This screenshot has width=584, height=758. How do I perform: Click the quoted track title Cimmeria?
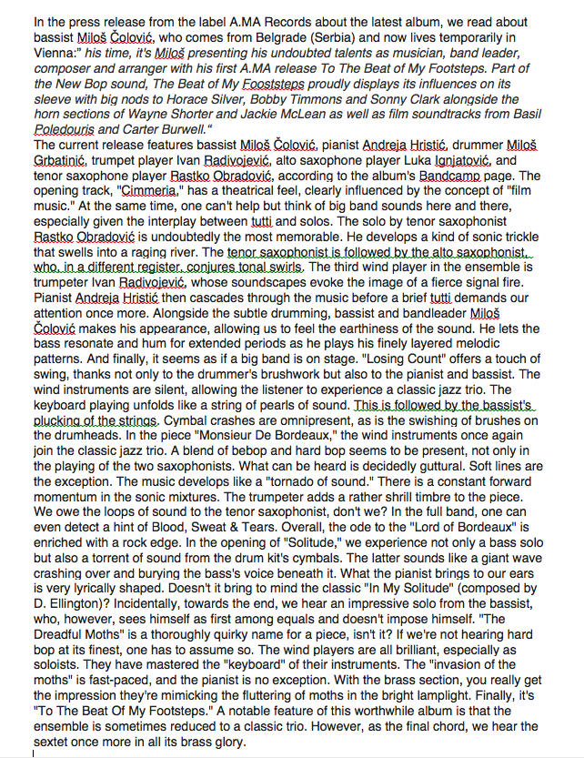[145, 192]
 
